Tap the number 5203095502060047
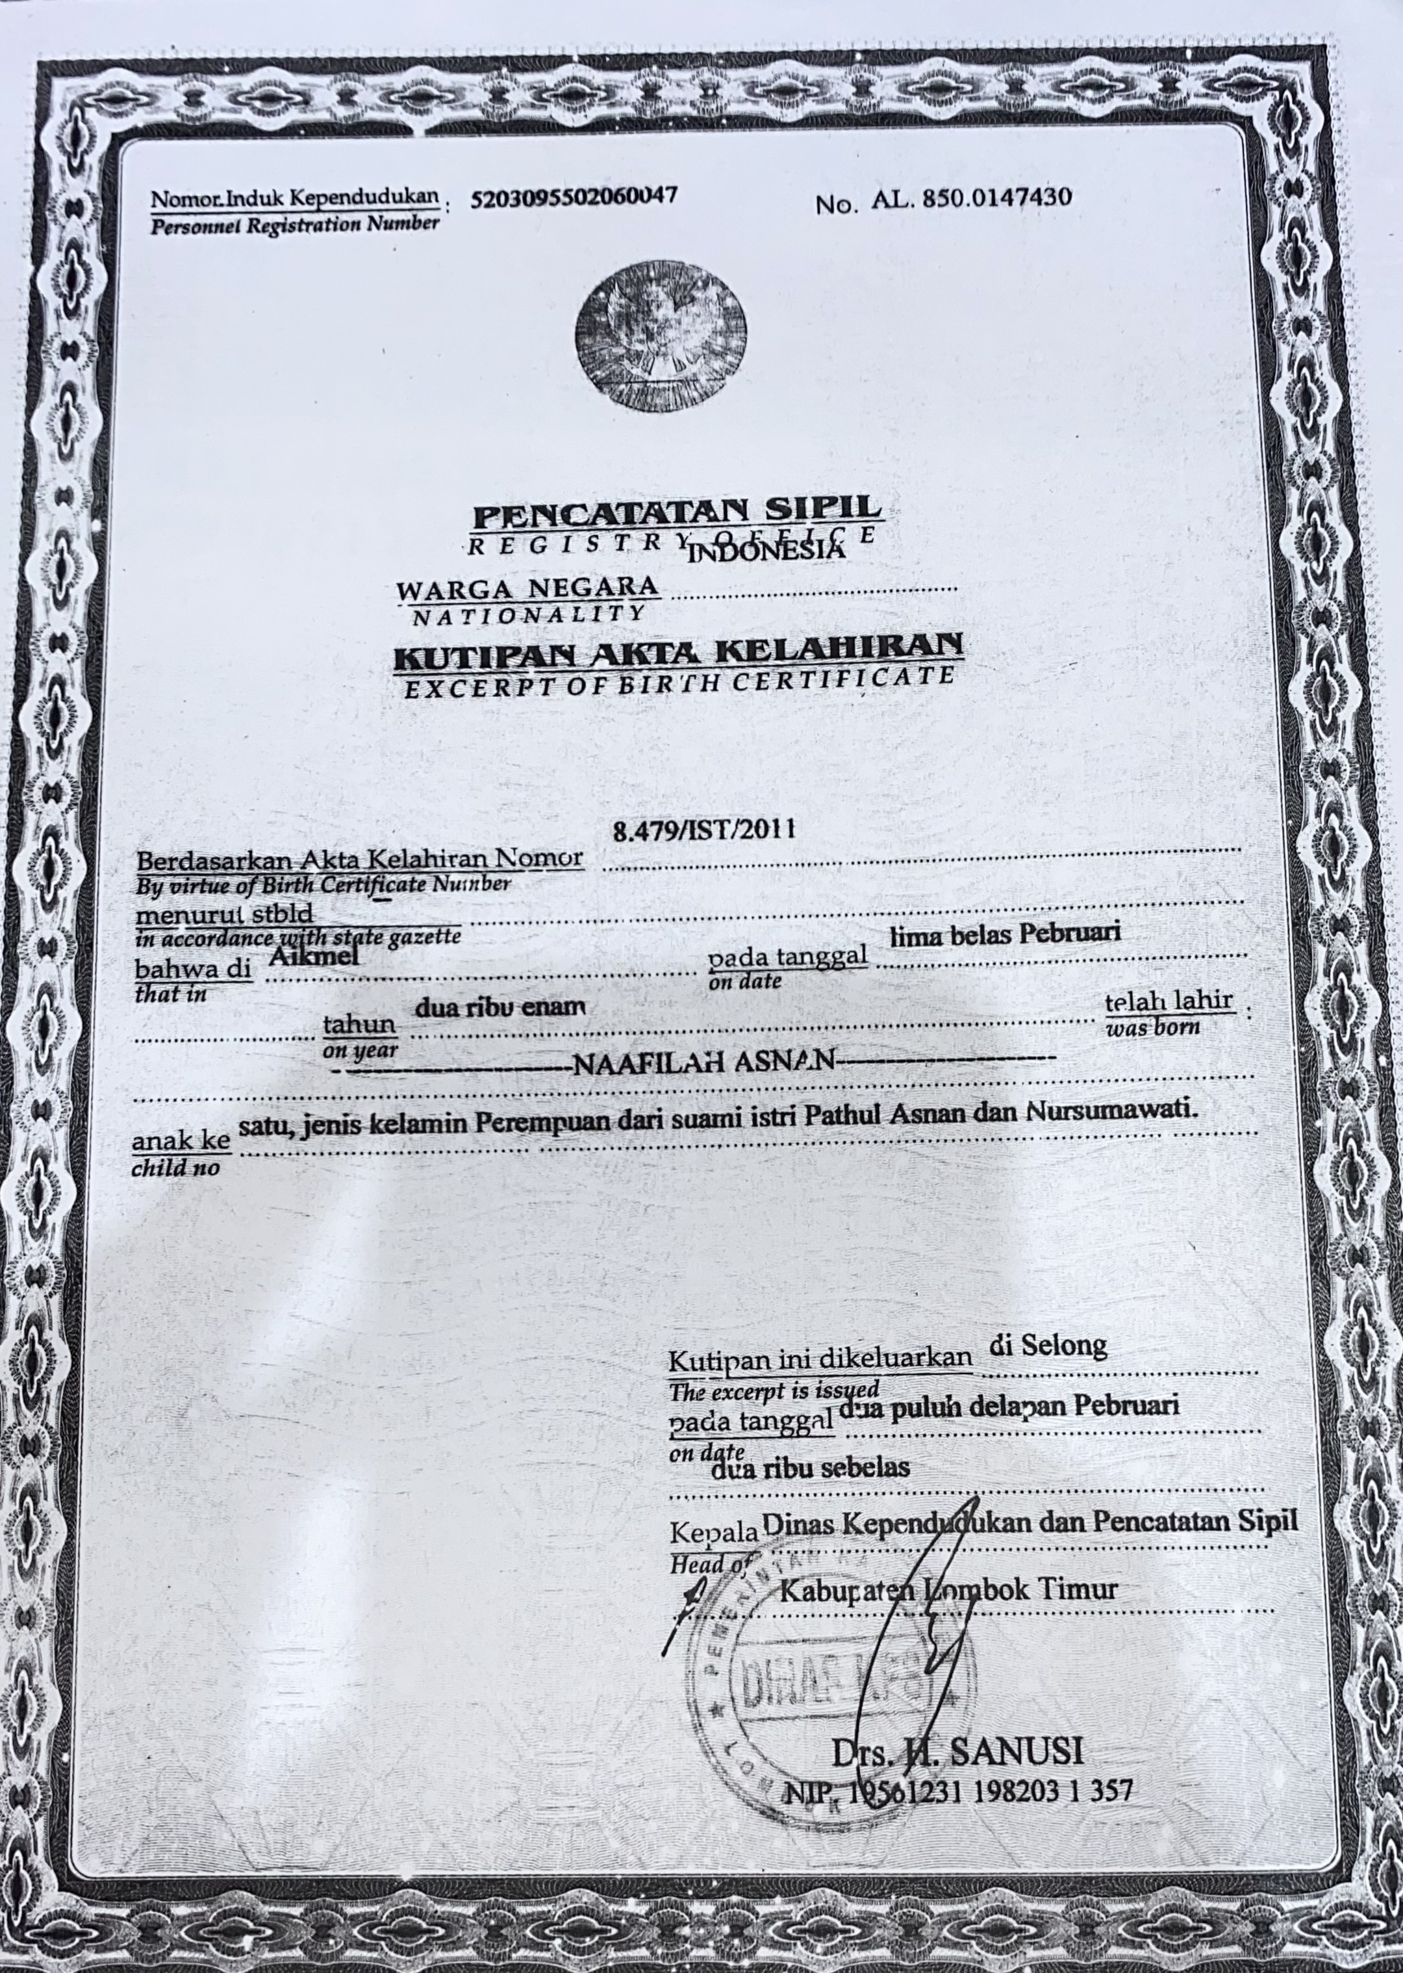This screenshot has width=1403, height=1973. (x=574, y=198)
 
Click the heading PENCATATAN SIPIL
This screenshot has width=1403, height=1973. (x=676, y=513)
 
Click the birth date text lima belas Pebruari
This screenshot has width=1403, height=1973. (x=1005, y=936)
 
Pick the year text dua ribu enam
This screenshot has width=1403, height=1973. (x=500, y=1007)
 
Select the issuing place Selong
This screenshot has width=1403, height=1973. (x=1065, y=1346)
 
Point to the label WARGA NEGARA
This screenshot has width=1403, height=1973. (x=527, y=589)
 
